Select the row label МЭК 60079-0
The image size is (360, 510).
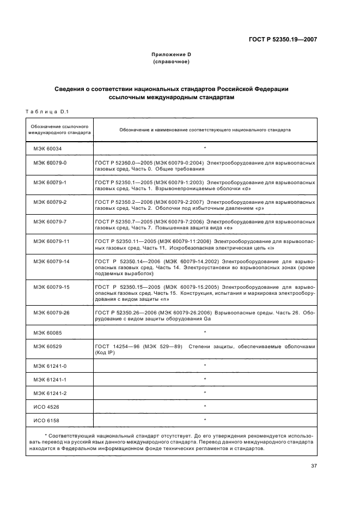(x=50, y=162)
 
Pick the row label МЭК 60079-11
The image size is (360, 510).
(x=51, y=240)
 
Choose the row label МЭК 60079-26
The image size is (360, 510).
(x=51, y=312)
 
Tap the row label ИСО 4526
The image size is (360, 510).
(x=46, y=406)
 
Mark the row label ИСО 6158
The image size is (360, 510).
(x=46, y=420)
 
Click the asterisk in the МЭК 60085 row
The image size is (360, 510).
(x=204, y=332)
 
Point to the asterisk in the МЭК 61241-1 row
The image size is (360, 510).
(x=204, y=379)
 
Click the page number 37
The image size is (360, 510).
(x=314, y=465)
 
